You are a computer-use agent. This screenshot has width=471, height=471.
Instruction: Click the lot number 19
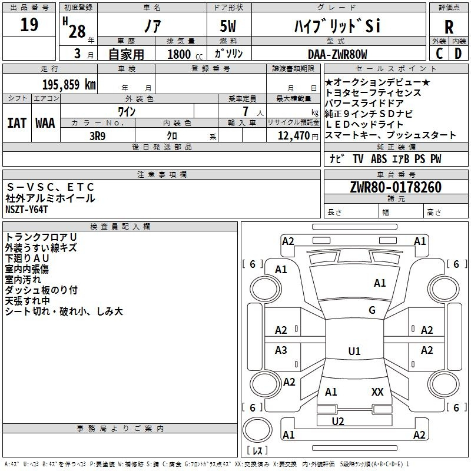point(29,25)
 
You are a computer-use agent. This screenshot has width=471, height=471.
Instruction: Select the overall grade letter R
point(449,27)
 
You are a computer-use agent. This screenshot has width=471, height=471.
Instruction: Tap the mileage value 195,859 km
point(69,85)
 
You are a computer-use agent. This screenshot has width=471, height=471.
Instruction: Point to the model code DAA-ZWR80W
point(337,54)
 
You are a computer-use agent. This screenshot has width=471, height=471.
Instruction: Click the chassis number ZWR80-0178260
point(396,187)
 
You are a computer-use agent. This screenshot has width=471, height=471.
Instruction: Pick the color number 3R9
point(98,136)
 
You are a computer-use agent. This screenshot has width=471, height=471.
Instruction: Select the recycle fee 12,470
point(293,136)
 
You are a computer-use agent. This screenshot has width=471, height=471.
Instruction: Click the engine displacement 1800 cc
point(185,54)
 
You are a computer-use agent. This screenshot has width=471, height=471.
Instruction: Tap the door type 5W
point(228,26)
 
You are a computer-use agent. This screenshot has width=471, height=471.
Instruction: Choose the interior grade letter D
point(458,54)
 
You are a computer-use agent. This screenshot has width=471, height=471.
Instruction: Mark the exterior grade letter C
point(439,54)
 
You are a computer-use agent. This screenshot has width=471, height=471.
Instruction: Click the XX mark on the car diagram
point(377,392)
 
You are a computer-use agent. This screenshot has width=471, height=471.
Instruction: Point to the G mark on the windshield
point(372,310)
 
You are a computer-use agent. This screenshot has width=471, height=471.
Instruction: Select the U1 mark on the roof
point(354,351)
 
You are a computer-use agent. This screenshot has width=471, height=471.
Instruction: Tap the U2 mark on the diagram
point(338,422)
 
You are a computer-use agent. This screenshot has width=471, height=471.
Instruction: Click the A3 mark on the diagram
point(281,350)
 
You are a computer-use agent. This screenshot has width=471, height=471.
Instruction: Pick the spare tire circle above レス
point(257,430)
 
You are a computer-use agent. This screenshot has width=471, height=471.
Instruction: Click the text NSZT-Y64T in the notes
point(26,210)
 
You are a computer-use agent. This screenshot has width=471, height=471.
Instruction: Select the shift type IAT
point(16,123)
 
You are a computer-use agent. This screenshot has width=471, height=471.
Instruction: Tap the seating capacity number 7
point(246,111)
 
